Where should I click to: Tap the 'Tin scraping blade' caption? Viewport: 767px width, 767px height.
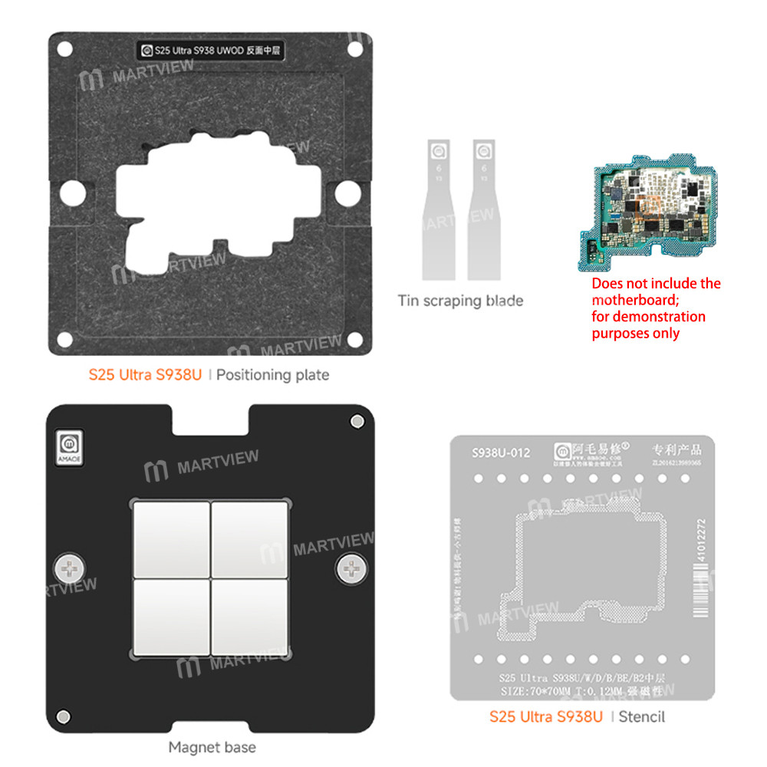coord(460,301)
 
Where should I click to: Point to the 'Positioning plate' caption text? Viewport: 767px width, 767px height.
coord(274,375)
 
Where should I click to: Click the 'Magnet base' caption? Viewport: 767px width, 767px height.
coord(212,746)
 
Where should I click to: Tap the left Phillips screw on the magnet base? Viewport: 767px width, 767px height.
coord(67,569)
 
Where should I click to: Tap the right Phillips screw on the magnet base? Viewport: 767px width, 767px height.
coord(351,569)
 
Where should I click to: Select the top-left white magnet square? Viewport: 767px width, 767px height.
coord(172,538)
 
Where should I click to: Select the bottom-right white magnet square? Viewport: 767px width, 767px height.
coord(250,617)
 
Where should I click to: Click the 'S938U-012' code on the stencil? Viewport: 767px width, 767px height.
coord(499,453)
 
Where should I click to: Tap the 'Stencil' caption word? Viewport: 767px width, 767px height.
coord(641,717)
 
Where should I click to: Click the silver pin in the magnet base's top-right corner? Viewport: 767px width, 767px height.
coord(356,422)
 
